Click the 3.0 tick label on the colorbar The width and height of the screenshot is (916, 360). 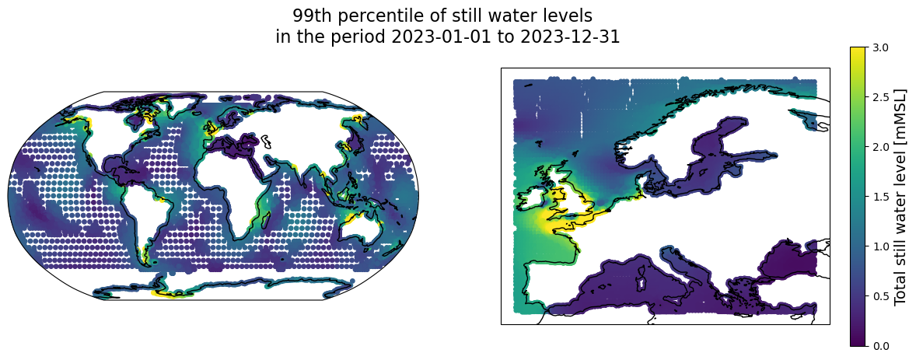coord(879,47)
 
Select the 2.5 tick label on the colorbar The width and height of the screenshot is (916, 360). coord(879,97)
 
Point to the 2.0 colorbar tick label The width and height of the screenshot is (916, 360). coord(879,147)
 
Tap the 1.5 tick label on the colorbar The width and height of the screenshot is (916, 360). coord(879,196)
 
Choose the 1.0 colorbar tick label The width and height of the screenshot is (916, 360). coord(879,246)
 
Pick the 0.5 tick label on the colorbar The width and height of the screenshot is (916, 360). coord(879,295)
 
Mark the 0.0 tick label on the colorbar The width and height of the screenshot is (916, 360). coord(879,344)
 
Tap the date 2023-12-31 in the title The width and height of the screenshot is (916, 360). coord(567,37)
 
